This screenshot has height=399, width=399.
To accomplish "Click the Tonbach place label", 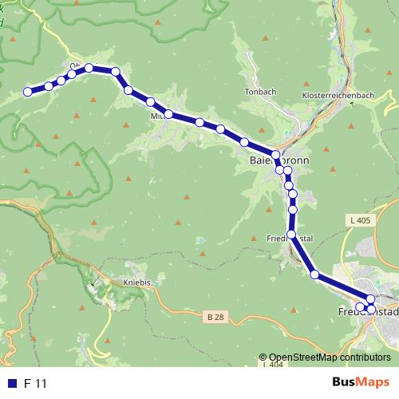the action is coord(261,92).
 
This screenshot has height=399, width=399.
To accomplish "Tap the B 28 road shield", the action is coord(211,318).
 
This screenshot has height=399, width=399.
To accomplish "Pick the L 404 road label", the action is coord(273,364).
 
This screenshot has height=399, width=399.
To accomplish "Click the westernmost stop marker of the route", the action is coord(28,92).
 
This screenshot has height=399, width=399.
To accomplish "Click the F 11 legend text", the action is coord(36,384).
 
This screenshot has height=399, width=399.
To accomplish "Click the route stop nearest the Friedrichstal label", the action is coord(291,235).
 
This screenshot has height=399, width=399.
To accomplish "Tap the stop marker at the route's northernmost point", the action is coord(89,68).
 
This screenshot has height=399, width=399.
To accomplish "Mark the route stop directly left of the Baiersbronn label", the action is coord(275,155).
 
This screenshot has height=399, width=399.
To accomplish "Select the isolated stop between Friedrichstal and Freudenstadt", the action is coord(314,275).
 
